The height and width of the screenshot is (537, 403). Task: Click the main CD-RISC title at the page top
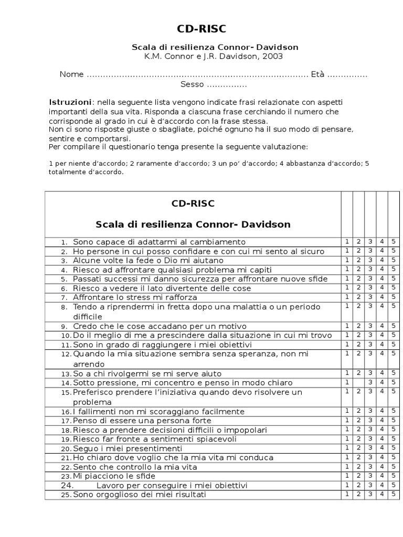(x=201, y=28)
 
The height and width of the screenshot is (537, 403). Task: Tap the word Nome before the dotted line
(x=71, y=74)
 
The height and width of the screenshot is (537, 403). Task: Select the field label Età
(x=317, y=74)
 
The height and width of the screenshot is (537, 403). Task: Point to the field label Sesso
(x=192, y=84)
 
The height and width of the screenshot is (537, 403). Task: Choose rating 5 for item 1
(x=394, y=242)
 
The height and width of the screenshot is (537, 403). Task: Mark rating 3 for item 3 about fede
(x=370, y=260)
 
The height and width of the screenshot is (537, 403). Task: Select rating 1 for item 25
(x=347, y=495)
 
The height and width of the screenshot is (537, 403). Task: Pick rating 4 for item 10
(x=382, y=335)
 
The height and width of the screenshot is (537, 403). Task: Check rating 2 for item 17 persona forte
(x=359, y=421)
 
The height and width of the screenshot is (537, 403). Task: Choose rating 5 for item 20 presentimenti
(x=394, y=448)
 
